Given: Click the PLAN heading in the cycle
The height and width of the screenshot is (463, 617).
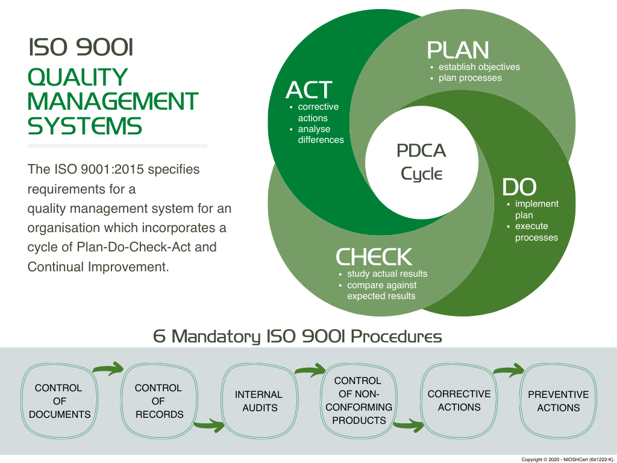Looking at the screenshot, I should click(458, 50).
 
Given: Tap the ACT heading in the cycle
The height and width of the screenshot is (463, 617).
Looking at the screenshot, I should click(308, 90).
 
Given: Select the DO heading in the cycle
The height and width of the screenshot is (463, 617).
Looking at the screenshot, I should click(519, 187).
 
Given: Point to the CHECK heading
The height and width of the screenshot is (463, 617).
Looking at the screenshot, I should click(374, 257).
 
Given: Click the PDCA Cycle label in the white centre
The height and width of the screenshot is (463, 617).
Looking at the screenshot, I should click(421, 162).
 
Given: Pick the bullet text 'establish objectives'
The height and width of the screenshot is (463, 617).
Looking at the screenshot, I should click(479, 67).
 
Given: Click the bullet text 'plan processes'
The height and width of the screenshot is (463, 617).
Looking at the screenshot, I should click(470, 78).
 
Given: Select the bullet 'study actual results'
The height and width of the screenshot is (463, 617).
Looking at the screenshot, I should click(387, 274).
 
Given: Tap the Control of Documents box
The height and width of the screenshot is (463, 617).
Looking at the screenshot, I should click(60, 401).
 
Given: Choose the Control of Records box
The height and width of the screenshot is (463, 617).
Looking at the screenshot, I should click(158, 401).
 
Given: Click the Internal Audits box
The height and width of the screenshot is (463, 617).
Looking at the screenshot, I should click(259, 401).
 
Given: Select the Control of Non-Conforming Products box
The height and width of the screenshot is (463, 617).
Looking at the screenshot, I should click(359, 401).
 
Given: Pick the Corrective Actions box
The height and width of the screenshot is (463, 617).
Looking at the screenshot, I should click(459, 401).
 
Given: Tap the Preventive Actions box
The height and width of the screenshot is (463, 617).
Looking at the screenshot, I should click(558, 401).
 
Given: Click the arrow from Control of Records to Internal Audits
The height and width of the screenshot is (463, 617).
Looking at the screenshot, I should click(208, 427).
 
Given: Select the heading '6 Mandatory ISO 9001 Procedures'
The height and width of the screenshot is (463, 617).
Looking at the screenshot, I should click(298, 336).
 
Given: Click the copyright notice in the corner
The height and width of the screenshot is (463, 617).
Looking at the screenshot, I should click(568, 459).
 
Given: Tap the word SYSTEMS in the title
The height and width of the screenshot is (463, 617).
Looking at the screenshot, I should click(85, 126).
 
